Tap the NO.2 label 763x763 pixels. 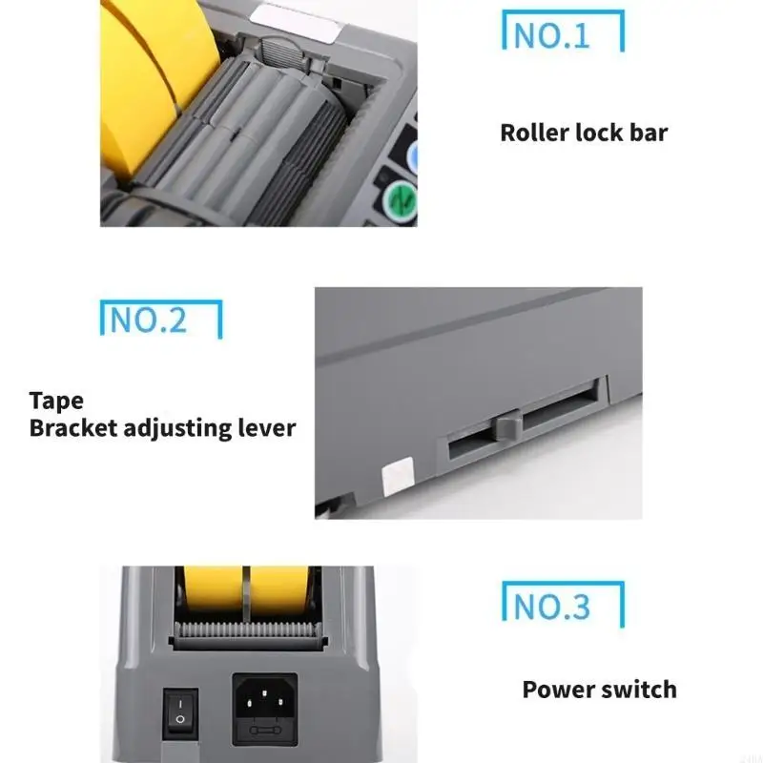click(x=149, y=320)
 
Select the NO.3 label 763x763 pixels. click(x=552, y=606)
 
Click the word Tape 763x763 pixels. click(x=56, y=402)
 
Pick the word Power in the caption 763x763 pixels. click(x=559, y=689)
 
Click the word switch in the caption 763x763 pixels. click(x=639, y=689)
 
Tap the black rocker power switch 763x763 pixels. click(x=178, y=712)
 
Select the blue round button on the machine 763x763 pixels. click(x=412, y=155)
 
